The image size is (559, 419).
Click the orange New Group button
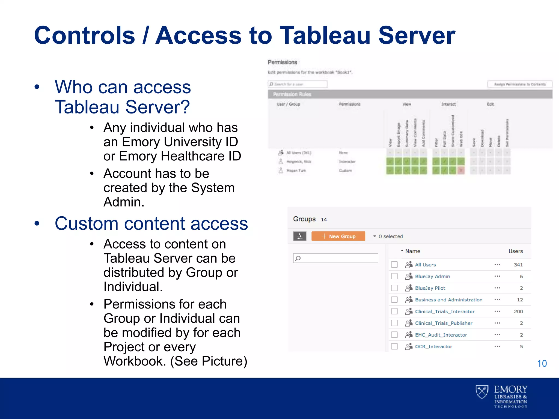click(x=338, y=236)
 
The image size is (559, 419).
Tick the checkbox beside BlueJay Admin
click(x=394, y=276)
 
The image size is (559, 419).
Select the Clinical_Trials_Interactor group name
click(x=445, y=312)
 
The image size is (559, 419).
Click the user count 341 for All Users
click(x=518, y=265)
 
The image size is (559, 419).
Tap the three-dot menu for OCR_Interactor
click(x=497, y=346)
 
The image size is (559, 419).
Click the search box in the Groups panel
click(x=335, y=258)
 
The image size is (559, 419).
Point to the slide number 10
click(x=542, y=363)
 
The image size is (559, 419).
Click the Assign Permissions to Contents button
click(x=520, y=84)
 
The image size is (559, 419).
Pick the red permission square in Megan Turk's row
click(x=461, y=170)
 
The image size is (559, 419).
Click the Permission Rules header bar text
click(x=292, y=94)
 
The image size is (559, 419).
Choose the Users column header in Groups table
click(x=516, y=251)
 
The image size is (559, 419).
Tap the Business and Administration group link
click(x=448, y=300)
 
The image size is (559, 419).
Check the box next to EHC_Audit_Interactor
click(x=394, y=335)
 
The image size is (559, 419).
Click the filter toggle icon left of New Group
click(x=299, y=236)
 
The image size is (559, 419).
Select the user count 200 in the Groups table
click(x=518, y=312)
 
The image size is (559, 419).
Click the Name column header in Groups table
click(x=412, y=251)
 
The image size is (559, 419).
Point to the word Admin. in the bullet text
click(x=124, y=202)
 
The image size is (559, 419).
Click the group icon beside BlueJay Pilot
click(x=409, y=288)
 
